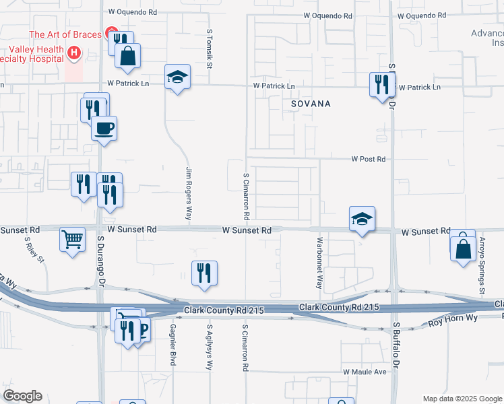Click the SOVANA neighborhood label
(311, 104)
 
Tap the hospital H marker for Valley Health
(75, 51)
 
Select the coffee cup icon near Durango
(103, 127)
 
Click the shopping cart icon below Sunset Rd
(73, 238)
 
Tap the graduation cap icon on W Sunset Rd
(362, 219)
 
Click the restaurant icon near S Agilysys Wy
(204, 273)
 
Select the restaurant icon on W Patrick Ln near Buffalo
(381, 85)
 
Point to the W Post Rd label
(368, 160)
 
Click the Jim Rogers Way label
(189, 194)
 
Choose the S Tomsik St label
(210, 48)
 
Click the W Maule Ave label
(364, 372)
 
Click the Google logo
(22, 396)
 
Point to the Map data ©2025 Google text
(462, 399)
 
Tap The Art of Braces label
(65, 35)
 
